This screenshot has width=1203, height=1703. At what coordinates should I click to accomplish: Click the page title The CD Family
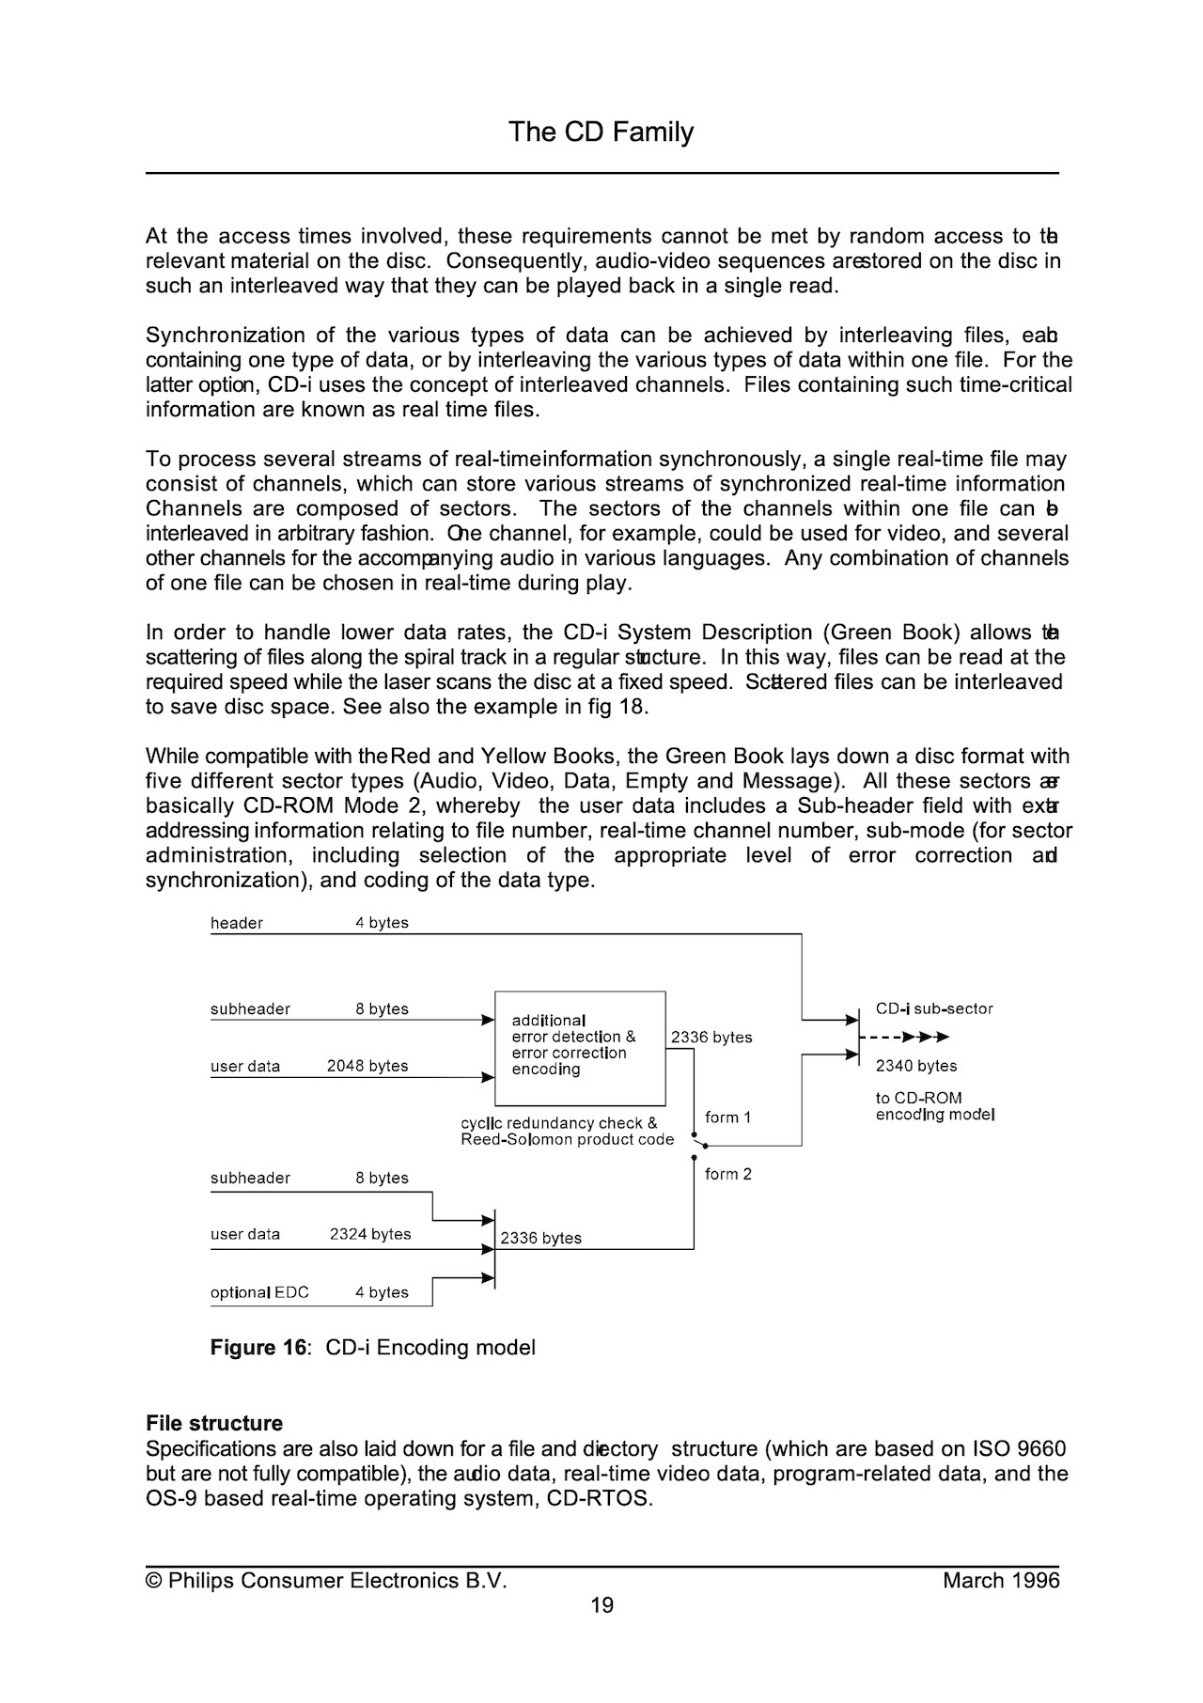601,132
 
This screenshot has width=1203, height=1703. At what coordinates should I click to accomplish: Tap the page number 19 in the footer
601,1604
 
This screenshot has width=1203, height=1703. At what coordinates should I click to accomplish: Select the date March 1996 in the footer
1001,1580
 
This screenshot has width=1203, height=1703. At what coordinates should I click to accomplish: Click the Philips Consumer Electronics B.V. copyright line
326,1580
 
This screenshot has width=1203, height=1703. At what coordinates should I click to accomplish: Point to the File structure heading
214,1423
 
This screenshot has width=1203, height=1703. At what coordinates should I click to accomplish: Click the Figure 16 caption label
258,1347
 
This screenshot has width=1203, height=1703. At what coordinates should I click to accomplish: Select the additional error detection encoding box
580,1048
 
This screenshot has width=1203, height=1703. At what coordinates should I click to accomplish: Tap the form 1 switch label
727,1117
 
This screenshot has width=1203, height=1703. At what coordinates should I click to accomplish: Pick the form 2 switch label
727,1174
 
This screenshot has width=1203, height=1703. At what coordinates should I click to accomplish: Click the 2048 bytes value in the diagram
367,1066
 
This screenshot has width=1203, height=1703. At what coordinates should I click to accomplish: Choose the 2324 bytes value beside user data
370,1234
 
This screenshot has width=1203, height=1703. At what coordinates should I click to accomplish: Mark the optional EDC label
259,1292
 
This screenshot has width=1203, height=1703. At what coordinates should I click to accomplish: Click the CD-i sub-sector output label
934,1008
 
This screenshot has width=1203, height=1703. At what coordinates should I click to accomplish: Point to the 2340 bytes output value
916,1066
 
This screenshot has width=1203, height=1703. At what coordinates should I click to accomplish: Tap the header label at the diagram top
237,923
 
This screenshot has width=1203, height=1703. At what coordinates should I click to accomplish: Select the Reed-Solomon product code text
567,1139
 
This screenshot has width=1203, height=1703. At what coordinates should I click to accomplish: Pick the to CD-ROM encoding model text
934,1106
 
